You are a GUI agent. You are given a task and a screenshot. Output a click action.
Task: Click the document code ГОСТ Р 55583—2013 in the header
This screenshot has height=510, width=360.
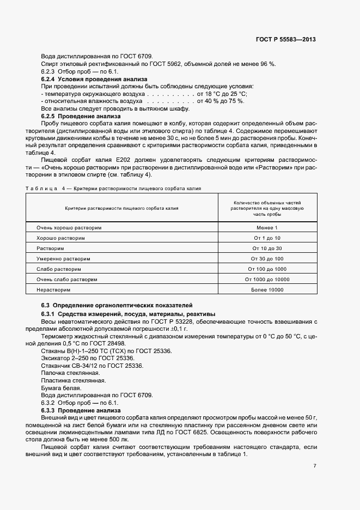coord(286,40)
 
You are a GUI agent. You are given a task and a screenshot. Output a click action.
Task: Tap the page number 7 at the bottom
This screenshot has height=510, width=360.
coord(315,466)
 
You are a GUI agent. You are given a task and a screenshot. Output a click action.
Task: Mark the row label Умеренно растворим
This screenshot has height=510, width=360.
coord(63,258)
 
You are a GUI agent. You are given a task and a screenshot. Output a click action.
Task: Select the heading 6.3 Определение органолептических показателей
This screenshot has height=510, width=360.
coord(117,305)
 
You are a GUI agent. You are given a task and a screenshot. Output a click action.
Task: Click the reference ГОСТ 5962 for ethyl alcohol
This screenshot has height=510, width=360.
coord(171,64)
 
